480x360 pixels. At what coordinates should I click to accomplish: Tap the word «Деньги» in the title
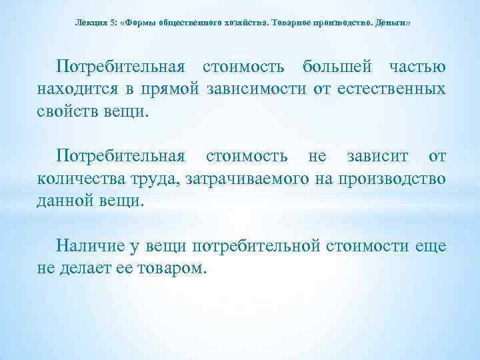point(392,23)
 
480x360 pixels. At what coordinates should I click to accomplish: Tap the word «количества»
point(81,178)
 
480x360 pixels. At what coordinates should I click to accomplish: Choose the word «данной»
point(66,199)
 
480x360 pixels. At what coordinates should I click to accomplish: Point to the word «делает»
point(86,267)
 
